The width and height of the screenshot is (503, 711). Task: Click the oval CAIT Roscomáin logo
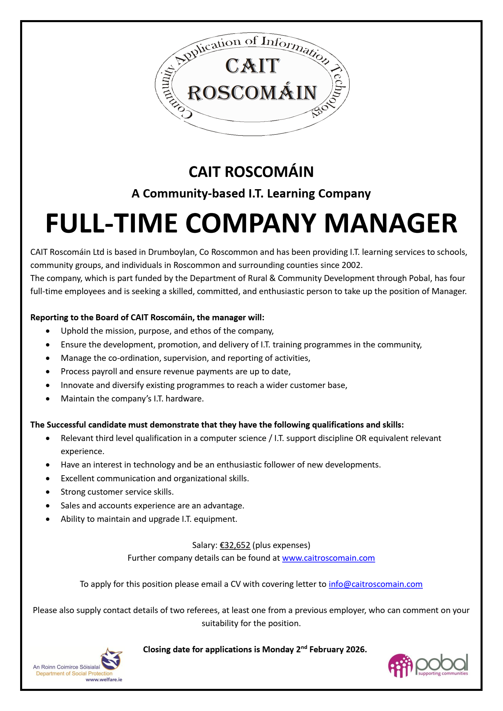pyautogui.click(x=252, y=84)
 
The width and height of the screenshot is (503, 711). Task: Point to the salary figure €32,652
pyautogui.click(x=235, y=545)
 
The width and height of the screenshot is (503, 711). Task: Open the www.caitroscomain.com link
pyautogui.click(x=328, y=558)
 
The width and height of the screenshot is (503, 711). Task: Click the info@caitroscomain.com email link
pyautogui.click(x=375, y=584)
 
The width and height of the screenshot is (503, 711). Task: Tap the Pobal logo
pyautogui.click(x=428, y=665)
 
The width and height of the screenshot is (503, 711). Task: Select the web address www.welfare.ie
pyautogui.click(x=104, y=679)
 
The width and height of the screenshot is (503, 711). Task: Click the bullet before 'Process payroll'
pyautogui.click(x=48, y=372)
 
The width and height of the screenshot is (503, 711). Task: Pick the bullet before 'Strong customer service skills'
pyautogui.click(x=48, y=492)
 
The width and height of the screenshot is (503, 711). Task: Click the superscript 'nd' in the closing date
pyautogui.click(x=304, y=647)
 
